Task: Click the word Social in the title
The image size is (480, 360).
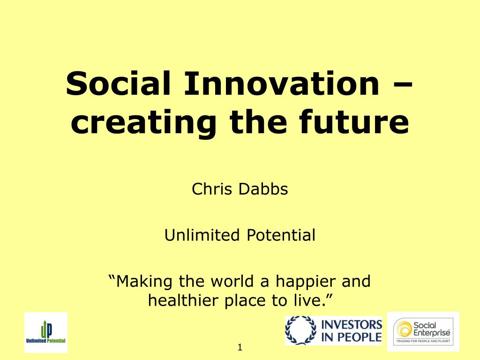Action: (118, 83)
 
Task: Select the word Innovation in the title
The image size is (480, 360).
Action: (282, 83)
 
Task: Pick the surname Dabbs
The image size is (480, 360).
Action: (263, 188)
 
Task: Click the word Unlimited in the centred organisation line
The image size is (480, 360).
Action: (202, 235)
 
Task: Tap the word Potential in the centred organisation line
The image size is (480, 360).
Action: (281, 235)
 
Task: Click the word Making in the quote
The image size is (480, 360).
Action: (144, 281)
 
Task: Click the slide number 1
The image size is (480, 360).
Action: (240, 347)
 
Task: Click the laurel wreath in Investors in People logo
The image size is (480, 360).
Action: (300, 330)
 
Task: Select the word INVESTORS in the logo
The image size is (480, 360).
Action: (352, 324)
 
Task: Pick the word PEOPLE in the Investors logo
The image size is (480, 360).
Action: (360, 337)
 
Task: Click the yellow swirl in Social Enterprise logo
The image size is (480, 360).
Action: (404, 330)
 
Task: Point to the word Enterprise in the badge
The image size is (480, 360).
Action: (432, 333)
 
